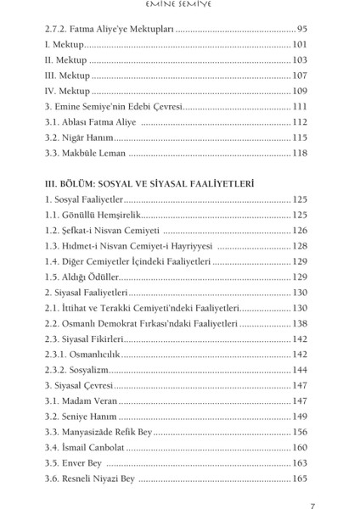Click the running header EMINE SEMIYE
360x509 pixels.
(179, 8)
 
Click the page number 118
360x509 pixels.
(299, 153)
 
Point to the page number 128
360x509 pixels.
(299, 246)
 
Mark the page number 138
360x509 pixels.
(299, 323)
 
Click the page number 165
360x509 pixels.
(299, 478)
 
